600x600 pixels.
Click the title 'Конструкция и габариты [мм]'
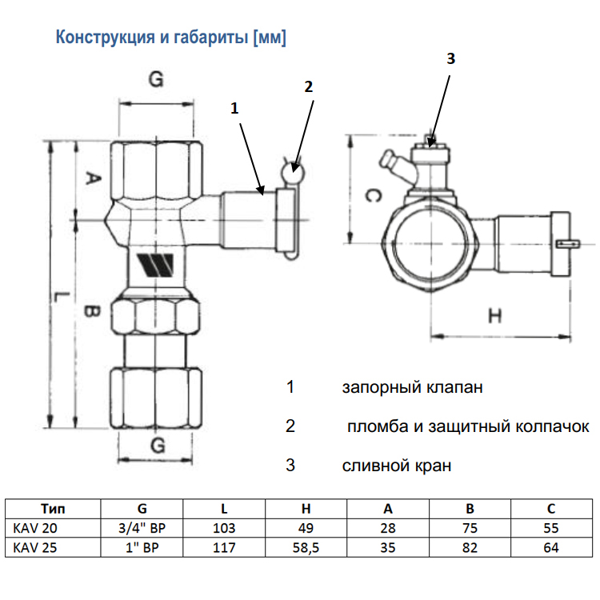(x=170, y=38)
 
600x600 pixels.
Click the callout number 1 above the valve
(x=234, y=107)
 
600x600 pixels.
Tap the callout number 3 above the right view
(x=450, y=58)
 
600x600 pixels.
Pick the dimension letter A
(x=90, y=179)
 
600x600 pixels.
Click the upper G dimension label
(x=157, y=79)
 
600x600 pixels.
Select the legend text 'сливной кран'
(x=396, y=465)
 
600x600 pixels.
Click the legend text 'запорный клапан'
(x=412, y=388)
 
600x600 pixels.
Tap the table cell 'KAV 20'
(x=36, y=528)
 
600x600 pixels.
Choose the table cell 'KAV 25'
(x=36, y=548)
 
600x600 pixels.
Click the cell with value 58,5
(x=306, y=548)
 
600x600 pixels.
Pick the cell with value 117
(x=224, y=548)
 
